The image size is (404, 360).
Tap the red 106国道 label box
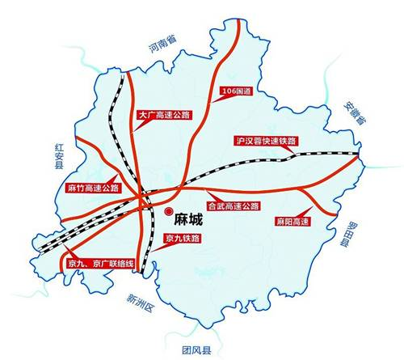tap(237, 93)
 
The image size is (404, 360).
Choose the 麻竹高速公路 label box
tap(92, 188)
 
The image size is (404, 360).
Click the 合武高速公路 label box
tap(233, 205)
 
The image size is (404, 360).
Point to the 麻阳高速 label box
tap(291, 221)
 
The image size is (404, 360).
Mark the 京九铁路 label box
tap(181, 239)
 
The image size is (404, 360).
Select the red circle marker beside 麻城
tap(170, 217)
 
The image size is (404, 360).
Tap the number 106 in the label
tap(229, 93)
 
